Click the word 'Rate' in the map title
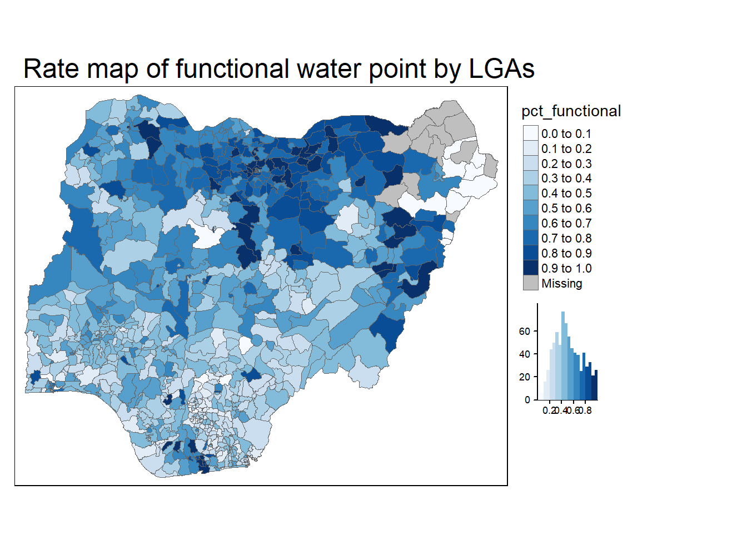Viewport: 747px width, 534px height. (x=52, y=70)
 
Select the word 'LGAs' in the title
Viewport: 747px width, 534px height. (x=501, y=70)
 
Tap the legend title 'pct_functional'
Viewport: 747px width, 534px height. (x=571, y=111)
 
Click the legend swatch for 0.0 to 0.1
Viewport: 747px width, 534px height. (x=531, y=133)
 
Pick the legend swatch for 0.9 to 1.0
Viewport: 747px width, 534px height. (x=531, y=268)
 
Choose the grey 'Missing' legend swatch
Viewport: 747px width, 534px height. (x=531, y=283)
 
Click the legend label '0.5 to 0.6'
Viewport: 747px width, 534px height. (x=566, y=209)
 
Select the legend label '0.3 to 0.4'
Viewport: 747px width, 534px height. (x=566, y=179)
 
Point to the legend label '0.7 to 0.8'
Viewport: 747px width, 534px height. (x=566, y=239)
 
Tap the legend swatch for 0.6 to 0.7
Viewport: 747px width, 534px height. (x=531, y=224)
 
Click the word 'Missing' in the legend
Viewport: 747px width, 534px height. (x=562, y=284)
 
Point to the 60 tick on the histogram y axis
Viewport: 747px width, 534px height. (x=524, y=332)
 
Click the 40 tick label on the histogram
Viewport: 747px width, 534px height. (x=524, y=354)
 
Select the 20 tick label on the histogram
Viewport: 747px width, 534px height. (x=524, y=377)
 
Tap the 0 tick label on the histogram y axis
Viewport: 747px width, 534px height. (x=527, y=400)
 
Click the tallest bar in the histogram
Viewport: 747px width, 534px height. (x=563, y=356)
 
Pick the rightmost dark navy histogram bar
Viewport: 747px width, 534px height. (x=596, y=385)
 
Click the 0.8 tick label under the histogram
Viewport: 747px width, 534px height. (x=586, y=411)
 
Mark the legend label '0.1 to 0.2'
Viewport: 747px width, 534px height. (x=566, y=149)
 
